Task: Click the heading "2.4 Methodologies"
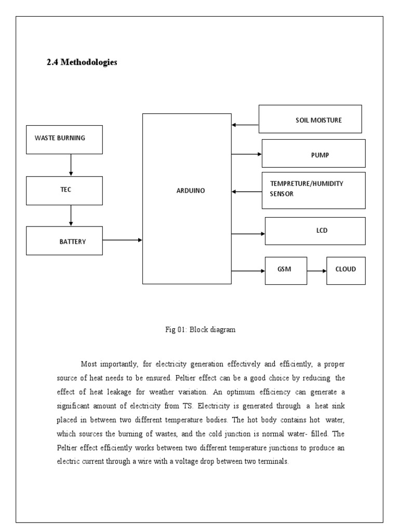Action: coord(82,62)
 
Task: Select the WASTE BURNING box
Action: coord(64,139)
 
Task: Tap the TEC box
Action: coord(64,190)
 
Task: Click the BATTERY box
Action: coord(64,241)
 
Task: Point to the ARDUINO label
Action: coord(190,191)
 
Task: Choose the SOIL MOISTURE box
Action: coord(310,119)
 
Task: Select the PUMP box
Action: coord(313,154)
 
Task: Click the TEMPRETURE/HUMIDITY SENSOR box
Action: coord(313,190)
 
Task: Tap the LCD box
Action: coord(315,231)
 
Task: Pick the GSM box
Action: coord(286,270)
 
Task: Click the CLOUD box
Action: coord(345,270)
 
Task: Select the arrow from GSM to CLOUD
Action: coord(316,271)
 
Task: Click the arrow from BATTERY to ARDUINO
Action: coord(123,240)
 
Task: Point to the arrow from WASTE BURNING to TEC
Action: coord(71,165)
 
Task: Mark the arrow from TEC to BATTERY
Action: coord(71,215)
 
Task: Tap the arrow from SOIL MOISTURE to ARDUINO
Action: coord(245,125)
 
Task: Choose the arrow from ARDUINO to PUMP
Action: coord(246,154)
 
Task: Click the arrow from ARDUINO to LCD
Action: coord(248,234)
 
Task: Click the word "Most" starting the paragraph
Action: coord(89,363)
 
